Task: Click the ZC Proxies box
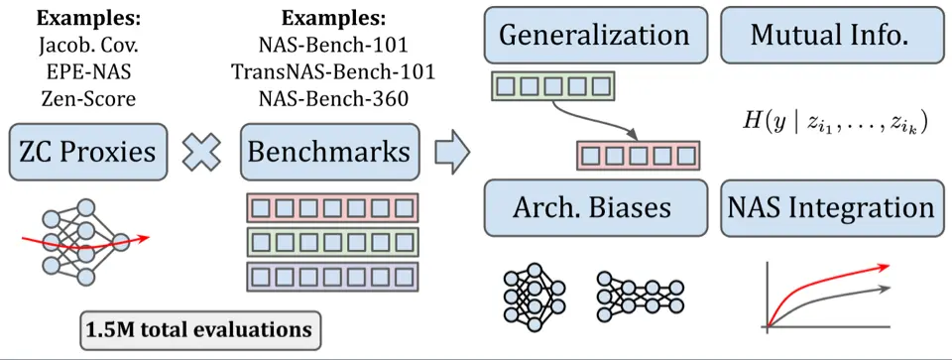pos(87,152)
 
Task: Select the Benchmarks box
pos(328,152)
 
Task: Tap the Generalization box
pos(594,36)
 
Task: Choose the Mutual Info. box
pos(829,36)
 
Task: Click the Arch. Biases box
pos(593,208)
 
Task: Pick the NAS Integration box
pos(830,208)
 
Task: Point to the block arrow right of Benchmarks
pos(452,151)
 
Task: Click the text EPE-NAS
pos(87,71)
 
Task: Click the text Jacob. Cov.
pos(87,46)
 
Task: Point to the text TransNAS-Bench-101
pos(330,71)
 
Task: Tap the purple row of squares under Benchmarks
pos(332,275)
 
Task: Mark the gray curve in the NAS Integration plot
pos(843,299)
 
